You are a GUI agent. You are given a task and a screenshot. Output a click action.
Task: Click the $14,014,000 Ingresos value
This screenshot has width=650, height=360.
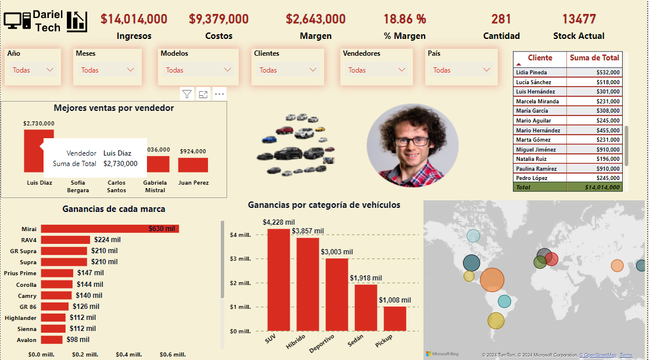pyautogui.click(x=134, y=19)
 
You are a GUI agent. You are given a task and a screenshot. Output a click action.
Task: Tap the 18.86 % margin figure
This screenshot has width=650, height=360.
pyautogui.click(x=404, y=19)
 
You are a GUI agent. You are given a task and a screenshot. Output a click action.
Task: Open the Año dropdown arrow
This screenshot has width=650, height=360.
pyautogui.click(x=50, y=70)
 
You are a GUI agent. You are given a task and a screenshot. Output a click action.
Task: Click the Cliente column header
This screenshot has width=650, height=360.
pyautogui.click(x=540, y=58)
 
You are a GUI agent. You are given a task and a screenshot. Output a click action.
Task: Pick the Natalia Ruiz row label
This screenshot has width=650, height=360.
pyautogui.click(x=532, y=159)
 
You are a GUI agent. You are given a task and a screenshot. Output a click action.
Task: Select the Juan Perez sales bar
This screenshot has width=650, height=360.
pyautogui.click(x=193, y=165)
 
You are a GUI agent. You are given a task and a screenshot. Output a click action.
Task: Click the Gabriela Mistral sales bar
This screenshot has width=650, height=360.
pyautogui.click(x=155, y=164)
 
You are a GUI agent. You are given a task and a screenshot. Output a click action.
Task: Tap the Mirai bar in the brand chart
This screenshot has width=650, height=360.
pyautogui.click(x=109, y=229)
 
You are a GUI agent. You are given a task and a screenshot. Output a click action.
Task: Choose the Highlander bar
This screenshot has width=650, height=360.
pyautogui.click(x=53, y=318)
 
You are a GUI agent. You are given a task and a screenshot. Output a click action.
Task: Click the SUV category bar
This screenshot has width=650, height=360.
pyautogui.click(x=278, y=279)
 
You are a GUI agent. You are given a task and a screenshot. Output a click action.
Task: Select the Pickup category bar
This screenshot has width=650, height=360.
pyautogui.click(x=394, y=318)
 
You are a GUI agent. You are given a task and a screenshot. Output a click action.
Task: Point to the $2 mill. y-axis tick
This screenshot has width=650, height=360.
pyautogui.click(x=240, y=283)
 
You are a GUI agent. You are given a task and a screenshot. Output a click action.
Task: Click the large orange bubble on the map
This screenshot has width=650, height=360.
pyautogui.click(x=493, y=279)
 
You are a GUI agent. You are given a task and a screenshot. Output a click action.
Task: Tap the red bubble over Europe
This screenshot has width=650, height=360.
pyautogui.click(x=551, y=259)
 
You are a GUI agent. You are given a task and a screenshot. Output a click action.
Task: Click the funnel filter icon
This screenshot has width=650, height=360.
pyautogui.click(x=186, y=94)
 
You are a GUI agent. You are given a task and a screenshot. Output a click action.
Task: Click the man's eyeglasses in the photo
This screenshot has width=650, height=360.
pyautogui.click(x=411, y=141)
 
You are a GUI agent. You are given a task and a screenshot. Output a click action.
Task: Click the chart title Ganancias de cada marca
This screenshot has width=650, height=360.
pyautogui.click(x=113, y=209)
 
